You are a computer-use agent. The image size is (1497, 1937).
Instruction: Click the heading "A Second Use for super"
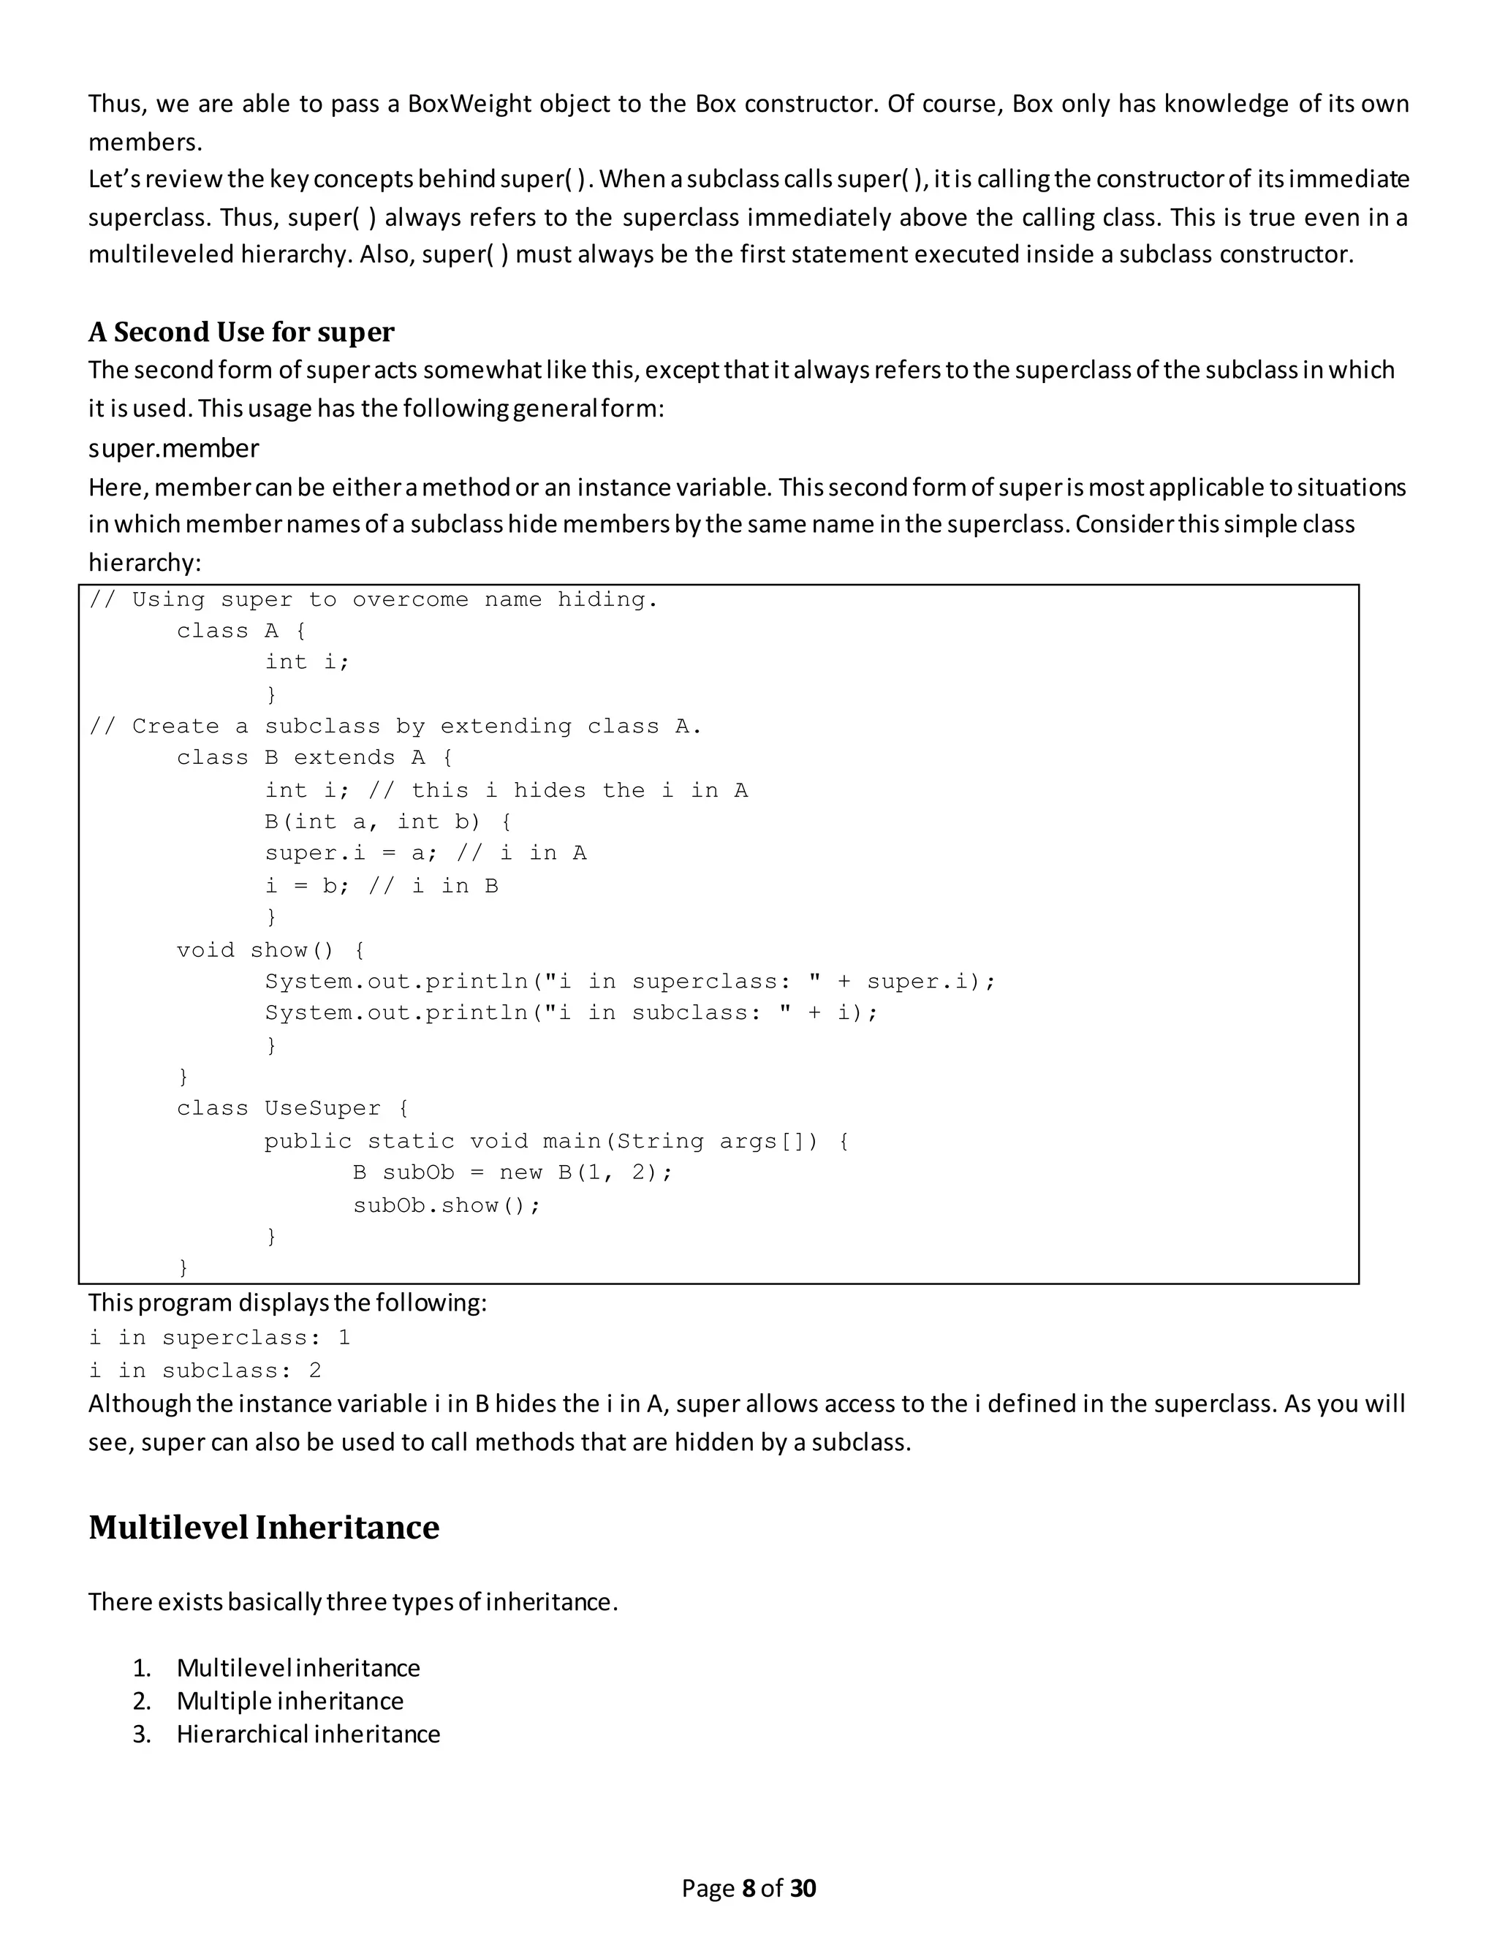(241, 332)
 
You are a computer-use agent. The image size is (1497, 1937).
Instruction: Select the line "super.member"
(174, 449)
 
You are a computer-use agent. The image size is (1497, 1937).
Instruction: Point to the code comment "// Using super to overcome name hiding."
(374, 600)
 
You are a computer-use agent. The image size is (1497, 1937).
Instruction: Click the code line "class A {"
(241, 632)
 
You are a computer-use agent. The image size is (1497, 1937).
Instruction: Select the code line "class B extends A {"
(315, 758)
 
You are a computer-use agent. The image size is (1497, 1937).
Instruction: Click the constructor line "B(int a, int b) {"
(387, 822)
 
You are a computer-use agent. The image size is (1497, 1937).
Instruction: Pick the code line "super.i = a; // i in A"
(425, 854)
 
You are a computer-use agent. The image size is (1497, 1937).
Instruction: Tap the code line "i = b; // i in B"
(382, 886)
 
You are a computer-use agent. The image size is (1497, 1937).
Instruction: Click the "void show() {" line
(270, 951)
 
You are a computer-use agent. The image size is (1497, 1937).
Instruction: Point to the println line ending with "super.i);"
(629, 982)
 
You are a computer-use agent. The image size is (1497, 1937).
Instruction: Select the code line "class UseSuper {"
(292, 1110)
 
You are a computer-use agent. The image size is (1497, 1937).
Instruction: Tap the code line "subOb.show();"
(446, 1205)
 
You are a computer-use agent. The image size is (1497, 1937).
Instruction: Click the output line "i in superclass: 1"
(220, 1338)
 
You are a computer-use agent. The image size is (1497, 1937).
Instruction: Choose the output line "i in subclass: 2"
(205, 1371)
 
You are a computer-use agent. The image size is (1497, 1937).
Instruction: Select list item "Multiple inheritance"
(290, 1701)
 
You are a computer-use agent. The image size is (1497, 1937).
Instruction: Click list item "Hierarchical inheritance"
(308, 1734)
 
